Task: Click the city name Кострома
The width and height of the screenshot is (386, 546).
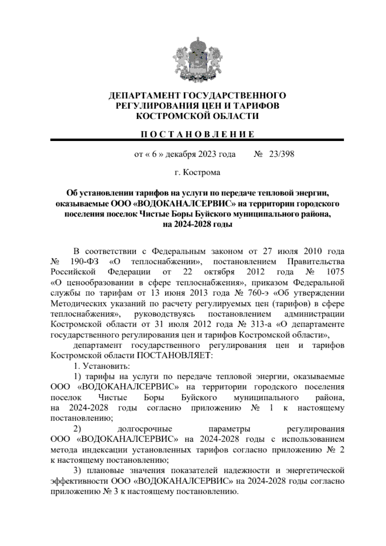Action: [202, 173]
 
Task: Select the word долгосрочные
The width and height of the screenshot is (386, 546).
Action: [145, 429]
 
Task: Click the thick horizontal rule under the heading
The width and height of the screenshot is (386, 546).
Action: [197, 140]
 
